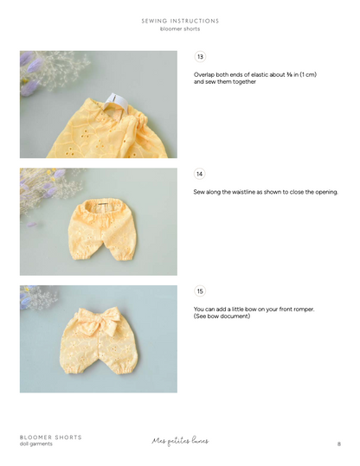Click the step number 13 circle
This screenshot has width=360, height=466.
tap(200, 57)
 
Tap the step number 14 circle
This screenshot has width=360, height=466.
tap(200, 174)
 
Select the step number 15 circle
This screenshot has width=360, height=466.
tap(200, 291)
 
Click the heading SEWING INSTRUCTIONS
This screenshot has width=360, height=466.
tap(180, 21)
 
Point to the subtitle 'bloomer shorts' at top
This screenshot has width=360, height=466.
tap(180, 29)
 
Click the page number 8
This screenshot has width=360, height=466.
tap(339, 444)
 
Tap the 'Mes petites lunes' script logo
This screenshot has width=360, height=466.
tap(180, 441)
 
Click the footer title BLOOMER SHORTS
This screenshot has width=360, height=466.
tap(51, 437)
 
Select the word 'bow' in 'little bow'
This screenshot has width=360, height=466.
tap(244, 309)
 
